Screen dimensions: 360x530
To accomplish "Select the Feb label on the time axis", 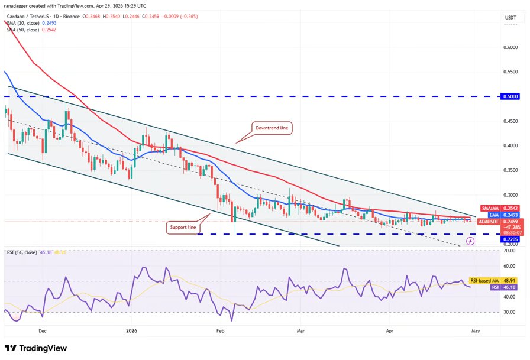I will coord(221,332).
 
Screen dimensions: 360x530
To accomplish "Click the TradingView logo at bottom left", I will coord(35,348).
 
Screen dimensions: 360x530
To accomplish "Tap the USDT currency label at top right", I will coord(510,17).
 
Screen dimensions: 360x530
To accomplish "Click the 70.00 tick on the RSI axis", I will coord(508,251).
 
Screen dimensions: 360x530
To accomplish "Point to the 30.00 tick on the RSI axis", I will coord(508,312).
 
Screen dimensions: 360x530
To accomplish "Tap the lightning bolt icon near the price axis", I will coord(470,241).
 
